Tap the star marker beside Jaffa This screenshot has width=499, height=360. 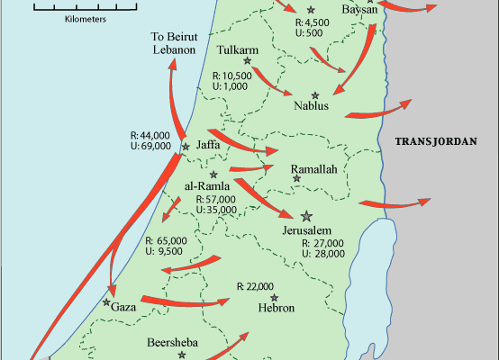click(186, 147)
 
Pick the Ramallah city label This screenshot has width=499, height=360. click(313, 169)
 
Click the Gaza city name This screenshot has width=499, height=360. click(123, 308)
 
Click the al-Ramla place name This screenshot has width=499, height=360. click(209, 186)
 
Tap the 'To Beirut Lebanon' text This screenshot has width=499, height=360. click(174, 43)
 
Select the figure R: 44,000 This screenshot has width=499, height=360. click(151, 135)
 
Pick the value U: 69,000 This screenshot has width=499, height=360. click(151, 147)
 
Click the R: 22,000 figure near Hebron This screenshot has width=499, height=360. click(255, 287)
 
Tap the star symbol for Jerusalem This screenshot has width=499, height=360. click(307, 216)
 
